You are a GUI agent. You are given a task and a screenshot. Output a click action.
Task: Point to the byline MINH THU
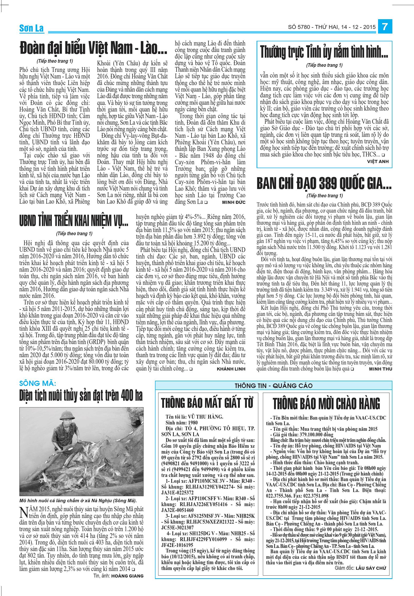coord(380,369)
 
